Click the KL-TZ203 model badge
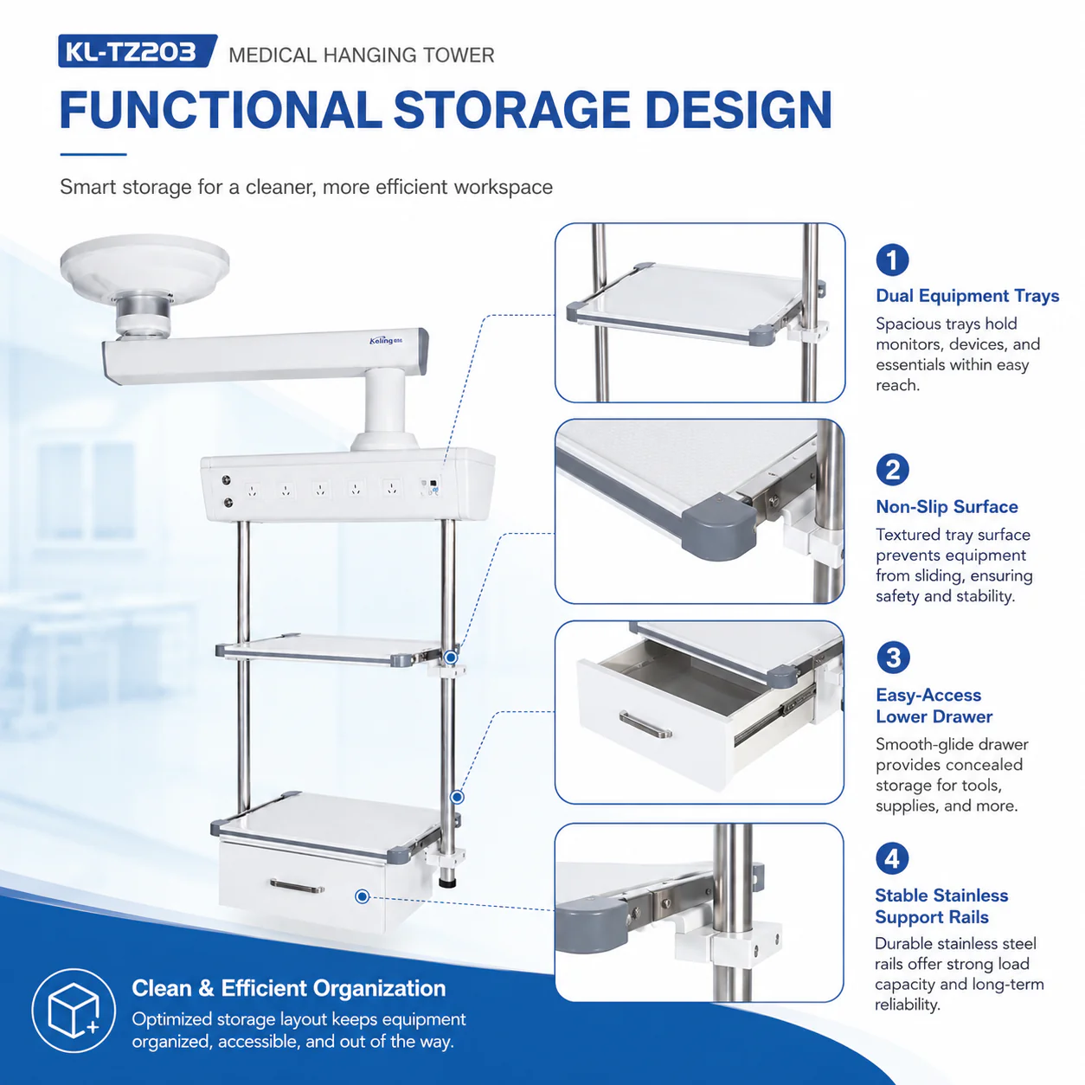pos(138,51)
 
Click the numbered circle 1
pos(892,260)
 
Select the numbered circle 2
pos(892,470)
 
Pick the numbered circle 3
pos(892,658)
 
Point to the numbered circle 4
pos(892,858)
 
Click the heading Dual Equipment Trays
pos(967,296)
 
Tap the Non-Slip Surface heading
pos(947,507)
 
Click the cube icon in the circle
pos(74,1011)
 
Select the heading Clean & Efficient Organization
pos(288,989)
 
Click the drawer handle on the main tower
pos(297,886)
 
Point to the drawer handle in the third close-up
pos(645,724)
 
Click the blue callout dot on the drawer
pos(363,896)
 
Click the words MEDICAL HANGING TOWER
pos(362,55)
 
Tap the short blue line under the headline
pos(93,154)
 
